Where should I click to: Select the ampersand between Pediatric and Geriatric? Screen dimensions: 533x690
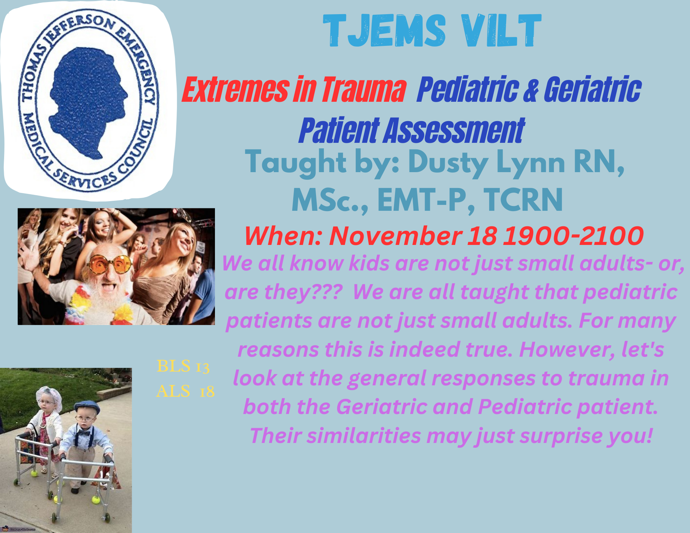click(531, 90)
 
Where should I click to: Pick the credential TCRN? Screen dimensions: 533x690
click(523, 200)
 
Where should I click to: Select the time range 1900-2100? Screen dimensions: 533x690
click(573, 236)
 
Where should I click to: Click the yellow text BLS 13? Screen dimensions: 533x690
click(183, 366)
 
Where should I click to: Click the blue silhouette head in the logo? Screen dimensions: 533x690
click(88, 100)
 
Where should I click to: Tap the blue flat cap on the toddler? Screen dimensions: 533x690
click(87, 407)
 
